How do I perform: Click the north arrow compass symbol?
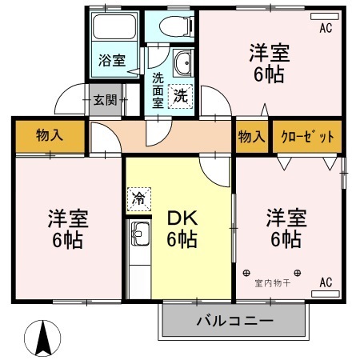[45, 337]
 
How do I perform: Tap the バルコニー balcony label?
[235, 322]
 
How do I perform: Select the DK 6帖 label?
[182, 228]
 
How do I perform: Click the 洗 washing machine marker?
[182, 94]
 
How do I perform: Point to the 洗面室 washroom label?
[158, 90]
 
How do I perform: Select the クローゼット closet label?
[308, 136]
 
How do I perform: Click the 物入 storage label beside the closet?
[251, 136]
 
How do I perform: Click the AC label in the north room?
[326, 30]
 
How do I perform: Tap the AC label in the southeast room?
[326, 282]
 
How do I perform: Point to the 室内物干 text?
[272, 282]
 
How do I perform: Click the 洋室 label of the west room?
[67, 228]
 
